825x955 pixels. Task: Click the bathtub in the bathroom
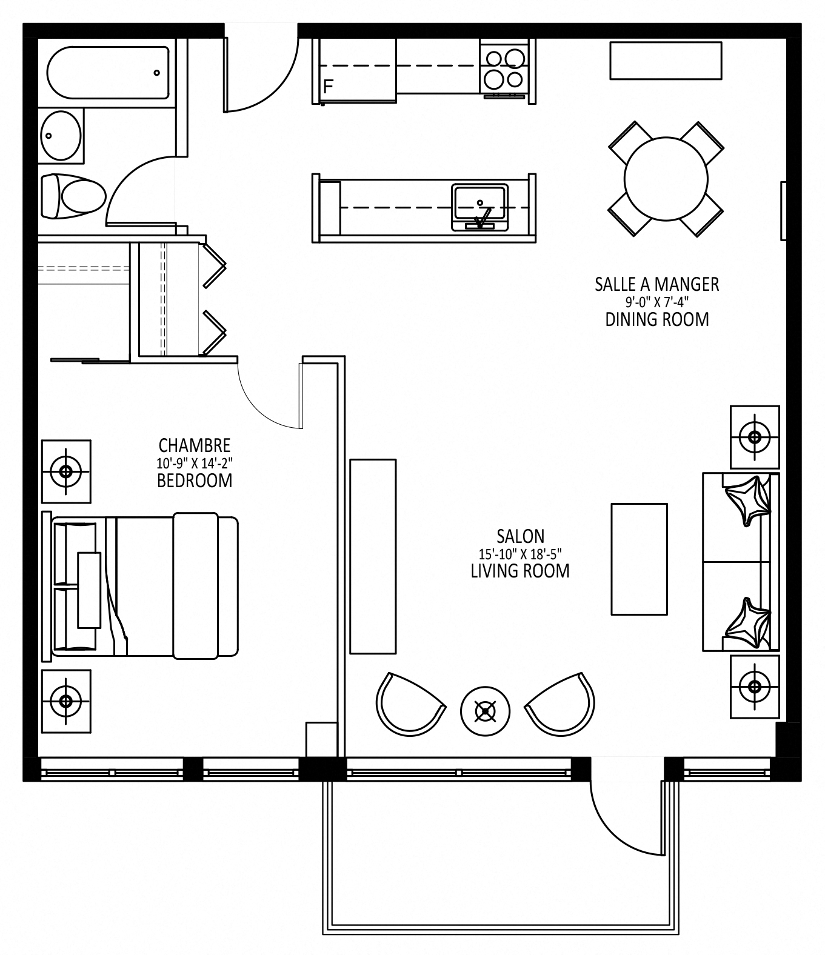click(108, 73)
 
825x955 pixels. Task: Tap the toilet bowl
click(74, 196)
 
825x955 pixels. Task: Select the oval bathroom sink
click(61, 135)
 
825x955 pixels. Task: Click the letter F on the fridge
click(328, 87)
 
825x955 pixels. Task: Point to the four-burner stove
click(504, 69)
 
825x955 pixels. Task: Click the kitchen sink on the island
click(479, 207)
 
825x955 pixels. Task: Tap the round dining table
click(666, 179)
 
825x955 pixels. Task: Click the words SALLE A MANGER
click(656, 284)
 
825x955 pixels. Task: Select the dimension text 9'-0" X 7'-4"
click(656, 302)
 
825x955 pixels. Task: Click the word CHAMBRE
click(195, 445)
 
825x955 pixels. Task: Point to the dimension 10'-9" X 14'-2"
click(195, 463)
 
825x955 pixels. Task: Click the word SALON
click(521, 536)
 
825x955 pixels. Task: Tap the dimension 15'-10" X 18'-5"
click(521, 553)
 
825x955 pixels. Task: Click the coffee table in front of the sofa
click(639, 559)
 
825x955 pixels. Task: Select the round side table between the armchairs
click(486, 711)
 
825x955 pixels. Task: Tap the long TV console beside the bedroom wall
click(373, 556)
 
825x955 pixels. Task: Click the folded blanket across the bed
click(196, 585)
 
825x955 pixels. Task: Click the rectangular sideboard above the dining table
click(666, 61)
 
